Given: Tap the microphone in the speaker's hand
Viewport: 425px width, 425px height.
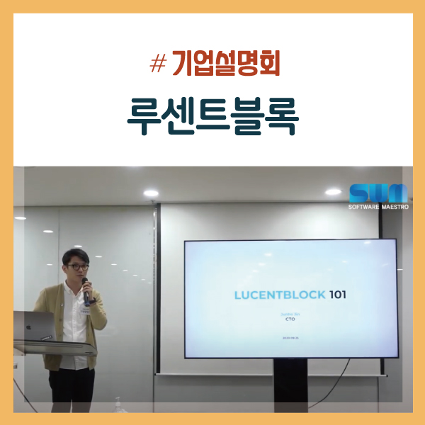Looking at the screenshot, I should pyautogui.click(x=86, y=289).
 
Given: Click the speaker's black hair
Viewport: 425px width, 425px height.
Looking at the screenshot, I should pyautogui.click(x=73, y=254).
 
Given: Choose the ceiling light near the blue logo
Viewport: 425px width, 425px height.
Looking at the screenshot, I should pyautogui.click(x=332, y=192).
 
